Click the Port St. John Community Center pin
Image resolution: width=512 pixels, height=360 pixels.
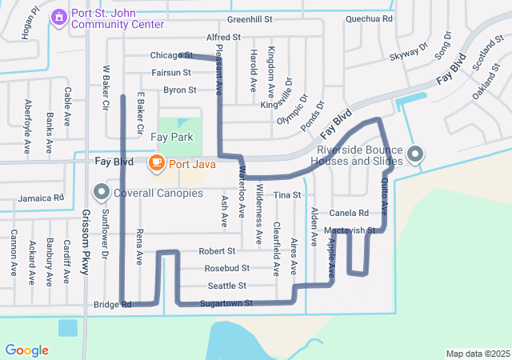point(58,17)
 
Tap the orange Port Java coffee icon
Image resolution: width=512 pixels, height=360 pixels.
point(157,163)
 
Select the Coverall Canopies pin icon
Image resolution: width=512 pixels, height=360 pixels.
point(101,192)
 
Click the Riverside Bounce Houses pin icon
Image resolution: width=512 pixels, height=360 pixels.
point(415,154)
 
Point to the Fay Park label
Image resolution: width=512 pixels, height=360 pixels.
point(173,138)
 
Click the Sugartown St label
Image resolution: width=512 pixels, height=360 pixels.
point(226,304)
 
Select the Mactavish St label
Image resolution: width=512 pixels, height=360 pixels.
point(350,230)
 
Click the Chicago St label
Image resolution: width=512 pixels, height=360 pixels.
point(168,56)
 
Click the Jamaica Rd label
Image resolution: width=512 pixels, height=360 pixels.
point(42,198)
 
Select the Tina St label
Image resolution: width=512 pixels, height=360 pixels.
point(286,195)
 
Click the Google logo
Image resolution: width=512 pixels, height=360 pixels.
point(26,350)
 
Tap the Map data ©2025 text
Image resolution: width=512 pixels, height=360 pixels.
point(476,354)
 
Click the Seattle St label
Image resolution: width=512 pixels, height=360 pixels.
point(226,286)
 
